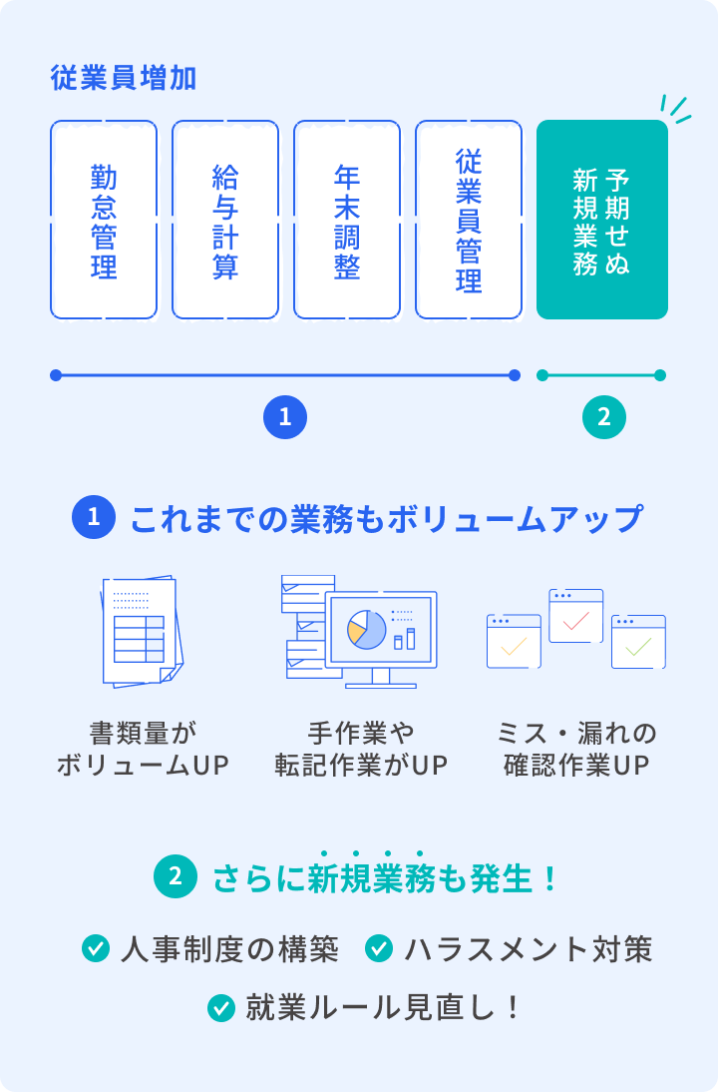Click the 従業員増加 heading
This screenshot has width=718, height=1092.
pos(123,78)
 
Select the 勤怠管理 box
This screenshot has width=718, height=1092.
pos(104,220)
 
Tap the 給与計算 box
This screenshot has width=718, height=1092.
pos(225,220)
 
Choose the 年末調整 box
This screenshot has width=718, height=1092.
pos(347,220)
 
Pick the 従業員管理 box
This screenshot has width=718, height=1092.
pos(469,220)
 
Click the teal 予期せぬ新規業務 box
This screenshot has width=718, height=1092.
pos(601,220)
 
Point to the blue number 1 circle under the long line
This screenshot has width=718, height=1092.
pos(285,417)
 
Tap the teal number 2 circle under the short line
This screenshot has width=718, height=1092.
pos(604,417)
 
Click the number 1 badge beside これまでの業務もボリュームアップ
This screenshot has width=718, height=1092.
pos(94,517)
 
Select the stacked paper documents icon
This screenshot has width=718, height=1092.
pos(142,632)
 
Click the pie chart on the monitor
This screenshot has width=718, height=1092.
pos(367,629)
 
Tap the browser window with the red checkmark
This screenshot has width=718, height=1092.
pos(576,616)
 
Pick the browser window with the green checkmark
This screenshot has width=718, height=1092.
pos(638,642)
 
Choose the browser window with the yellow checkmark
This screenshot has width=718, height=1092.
pos(515,642)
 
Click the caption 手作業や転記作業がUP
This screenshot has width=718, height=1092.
pos(361,749)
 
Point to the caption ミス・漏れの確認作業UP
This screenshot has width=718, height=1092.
pos(576,749)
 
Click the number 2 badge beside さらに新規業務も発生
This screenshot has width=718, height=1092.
pos(176,876)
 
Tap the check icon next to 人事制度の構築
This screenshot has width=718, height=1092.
pos(96,948)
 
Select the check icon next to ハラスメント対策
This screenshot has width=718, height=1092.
pos(379,948)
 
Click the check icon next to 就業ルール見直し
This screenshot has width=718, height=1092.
pos(221,1008)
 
